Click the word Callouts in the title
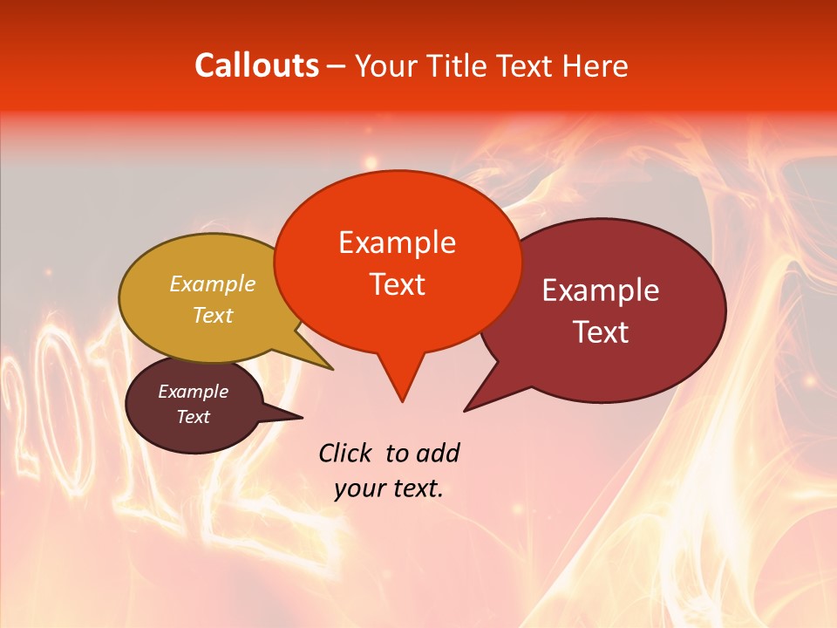point(256,65)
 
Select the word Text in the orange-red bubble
point(397,284)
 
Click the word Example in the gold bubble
point(212,283)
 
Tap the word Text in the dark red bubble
point(601,332)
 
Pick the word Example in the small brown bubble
point(193,392)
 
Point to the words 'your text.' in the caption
point(389,488)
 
